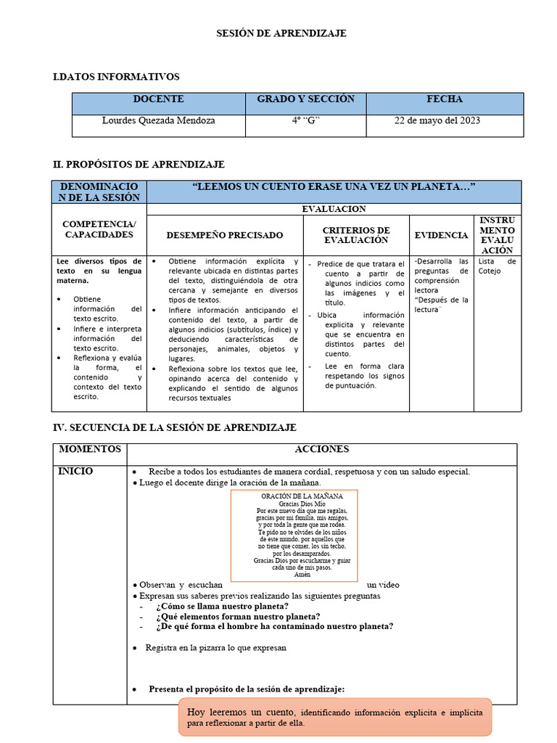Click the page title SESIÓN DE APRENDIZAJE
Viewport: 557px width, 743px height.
283,33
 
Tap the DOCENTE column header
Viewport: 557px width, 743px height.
158,99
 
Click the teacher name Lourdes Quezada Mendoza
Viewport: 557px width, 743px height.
158,120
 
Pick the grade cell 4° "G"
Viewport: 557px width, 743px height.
305,120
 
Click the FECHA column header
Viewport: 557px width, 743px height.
444,99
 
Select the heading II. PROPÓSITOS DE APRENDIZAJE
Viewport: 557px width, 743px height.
139,165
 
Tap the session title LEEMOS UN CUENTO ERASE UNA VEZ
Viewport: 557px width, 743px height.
334,187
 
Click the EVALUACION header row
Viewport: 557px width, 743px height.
334,209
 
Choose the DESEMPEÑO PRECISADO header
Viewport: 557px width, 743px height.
225,235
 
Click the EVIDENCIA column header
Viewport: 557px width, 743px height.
441,235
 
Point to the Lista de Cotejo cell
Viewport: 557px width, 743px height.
498,266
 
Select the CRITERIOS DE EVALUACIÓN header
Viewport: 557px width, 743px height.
356,235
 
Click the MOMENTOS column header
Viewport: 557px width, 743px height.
90,450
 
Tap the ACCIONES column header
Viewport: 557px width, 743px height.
322,450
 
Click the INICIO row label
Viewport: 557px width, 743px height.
75,472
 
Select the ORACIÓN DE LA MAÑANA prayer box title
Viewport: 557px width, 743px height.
294,496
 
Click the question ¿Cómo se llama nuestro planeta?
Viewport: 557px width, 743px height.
222,607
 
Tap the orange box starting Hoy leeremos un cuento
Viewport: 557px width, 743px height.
335,718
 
